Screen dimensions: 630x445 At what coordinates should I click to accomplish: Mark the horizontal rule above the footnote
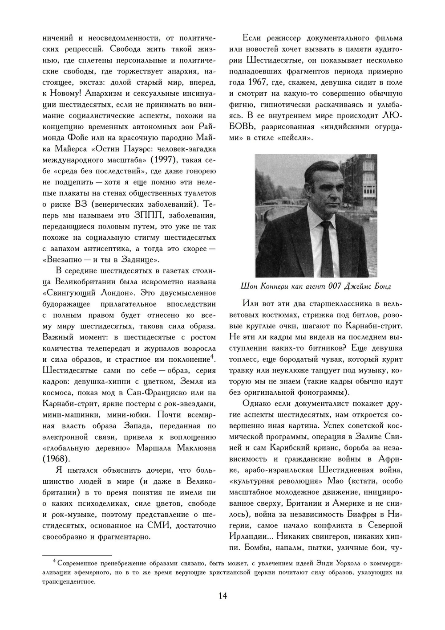77,555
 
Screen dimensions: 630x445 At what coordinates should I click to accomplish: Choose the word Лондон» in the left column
111,293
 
